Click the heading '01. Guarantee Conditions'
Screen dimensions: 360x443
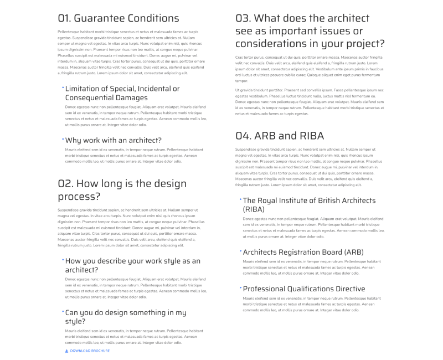click(x=118, y=18)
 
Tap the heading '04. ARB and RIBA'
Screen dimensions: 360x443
click(x=280, y=136)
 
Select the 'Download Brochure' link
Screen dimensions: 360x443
click(x=90, y=351)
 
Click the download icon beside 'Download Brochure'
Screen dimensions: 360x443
click(x=67, y=351)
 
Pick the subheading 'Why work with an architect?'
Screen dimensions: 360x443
click(x=113, y=140)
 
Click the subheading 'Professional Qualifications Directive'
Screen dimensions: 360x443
click(x=303, y=289)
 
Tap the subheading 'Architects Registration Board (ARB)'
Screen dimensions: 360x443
click(x=303, y=252)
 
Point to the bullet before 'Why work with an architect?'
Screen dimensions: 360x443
click(x=63, y=138)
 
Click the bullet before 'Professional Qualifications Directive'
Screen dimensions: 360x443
click(x=240, y=287)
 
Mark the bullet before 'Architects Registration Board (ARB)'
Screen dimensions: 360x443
click(x=240, y=250)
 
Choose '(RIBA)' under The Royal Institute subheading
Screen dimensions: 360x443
click(x=254, y=209)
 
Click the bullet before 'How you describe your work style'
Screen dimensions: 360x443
click(x=63, y=259)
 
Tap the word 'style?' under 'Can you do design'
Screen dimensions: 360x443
click(x=75, y=321)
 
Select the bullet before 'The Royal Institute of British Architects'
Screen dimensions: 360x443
click(x=240, y=199)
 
